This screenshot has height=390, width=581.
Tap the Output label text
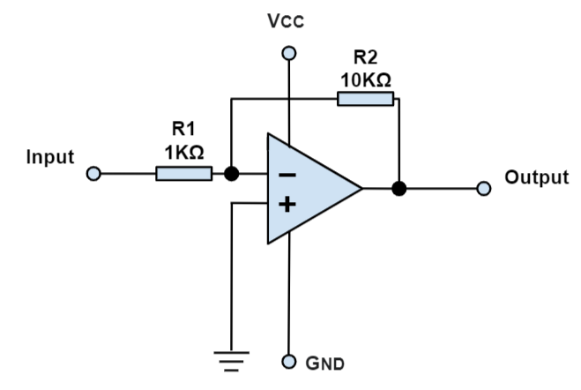point(536,177)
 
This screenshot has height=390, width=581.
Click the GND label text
point(325,363)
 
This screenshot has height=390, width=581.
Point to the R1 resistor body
point(184,174)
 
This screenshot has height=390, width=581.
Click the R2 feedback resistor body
point(365,98)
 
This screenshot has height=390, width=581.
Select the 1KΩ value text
point(184,151)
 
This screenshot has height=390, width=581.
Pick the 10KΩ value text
point(365,79)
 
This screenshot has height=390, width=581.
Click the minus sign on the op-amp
point(287,174)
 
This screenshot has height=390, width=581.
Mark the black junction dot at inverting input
point(231,174)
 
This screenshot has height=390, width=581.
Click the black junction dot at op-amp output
point(399,188)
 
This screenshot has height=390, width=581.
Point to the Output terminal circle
point(482,188)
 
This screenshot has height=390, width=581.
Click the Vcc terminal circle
point(287,53)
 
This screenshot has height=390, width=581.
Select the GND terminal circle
point(287,363)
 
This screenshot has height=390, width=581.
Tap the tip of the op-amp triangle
point(361,188)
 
